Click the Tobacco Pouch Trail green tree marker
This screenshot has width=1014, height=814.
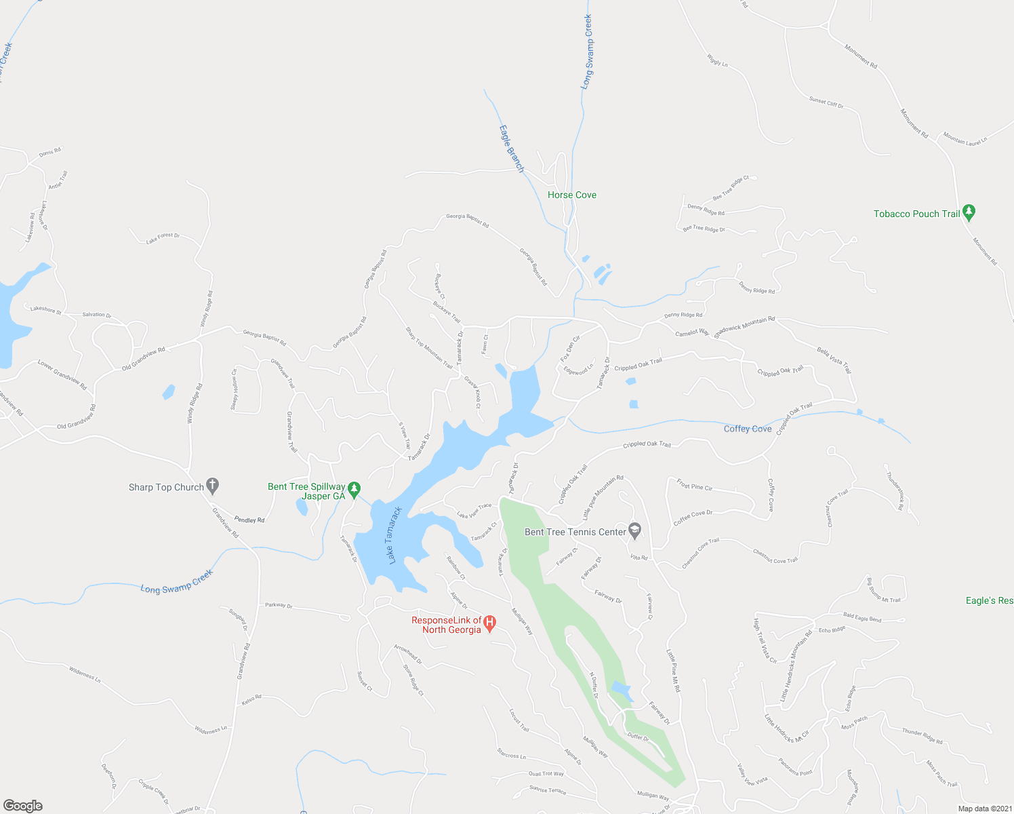(969, 213)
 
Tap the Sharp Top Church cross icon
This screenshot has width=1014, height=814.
(212, 486)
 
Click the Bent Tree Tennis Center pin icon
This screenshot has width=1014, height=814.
(635, 530)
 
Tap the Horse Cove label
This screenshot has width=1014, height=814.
(571, 195)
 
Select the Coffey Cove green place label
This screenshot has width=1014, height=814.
(748, 429)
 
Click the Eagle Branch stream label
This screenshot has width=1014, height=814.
(512, 149)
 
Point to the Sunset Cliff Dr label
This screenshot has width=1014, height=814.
(826, 102)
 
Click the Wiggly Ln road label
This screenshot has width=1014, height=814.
(717, 60)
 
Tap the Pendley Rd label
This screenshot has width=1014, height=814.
(249, 520)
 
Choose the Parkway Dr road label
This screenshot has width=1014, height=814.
(279, 606)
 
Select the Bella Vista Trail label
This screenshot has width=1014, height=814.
(834, 360)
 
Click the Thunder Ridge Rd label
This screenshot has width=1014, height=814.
(922, 736)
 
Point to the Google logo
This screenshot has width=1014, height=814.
(23, 805)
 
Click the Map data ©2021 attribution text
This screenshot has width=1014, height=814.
(983, 809)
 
